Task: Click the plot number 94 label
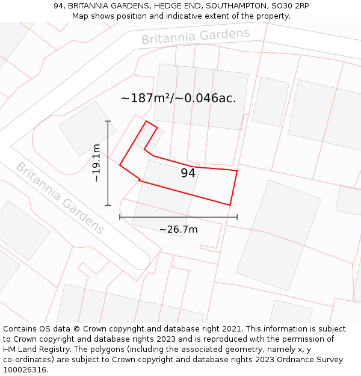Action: [x=188, y=173]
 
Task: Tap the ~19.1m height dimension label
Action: [x=96, y=163]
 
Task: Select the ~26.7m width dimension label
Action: [x=178, y=229]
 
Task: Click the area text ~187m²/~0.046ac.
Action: [x=178, y=98]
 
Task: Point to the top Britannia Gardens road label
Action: [x=196, y=36]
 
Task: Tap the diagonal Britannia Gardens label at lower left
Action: [x=60, y=198]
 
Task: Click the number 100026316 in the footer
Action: [x=25, y=369]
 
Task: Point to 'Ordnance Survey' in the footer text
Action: [x=312, y=359]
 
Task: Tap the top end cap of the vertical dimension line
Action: [x=108, y=121]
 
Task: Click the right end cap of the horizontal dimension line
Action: [x=237, y=217]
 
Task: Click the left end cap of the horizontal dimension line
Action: [x=120, y=217]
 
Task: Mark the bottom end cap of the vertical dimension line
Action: [x=108, y=205]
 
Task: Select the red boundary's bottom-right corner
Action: [x=230, y=205]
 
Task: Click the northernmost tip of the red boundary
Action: [x=147, y=121]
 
